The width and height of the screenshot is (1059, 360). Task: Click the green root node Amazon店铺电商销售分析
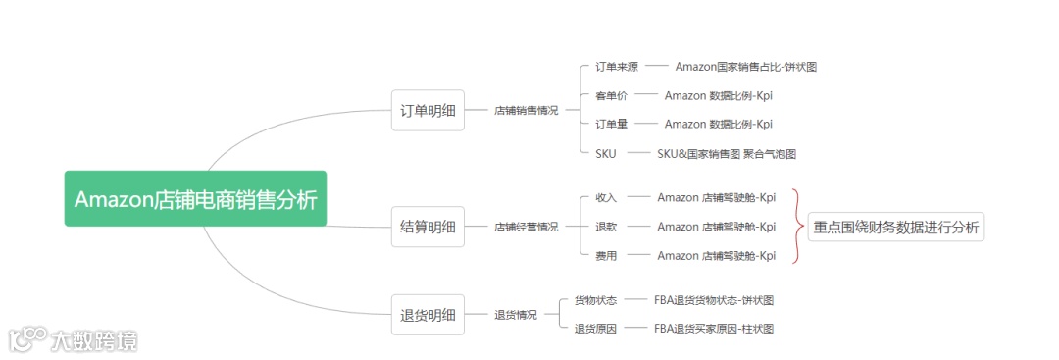[x=195, y=199]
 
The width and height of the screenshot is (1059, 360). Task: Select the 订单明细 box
[x=428, y=111]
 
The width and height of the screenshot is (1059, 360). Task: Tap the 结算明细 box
[x=428, y=227]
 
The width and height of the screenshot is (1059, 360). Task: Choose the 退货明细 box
[x=428, y=315]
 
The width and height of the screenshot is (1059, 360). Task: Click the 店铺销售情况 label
[x=526, y=111]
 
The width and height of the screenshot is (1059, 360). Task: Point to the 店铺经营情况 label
[x=526, y=227]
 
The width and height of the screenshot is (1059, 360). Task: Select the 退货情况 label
[x=516, y=315]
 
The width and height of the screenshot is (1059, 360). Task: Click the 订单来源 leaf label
[x=617, y=67]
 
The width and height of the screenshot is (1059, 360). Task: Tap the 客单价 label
[x=612, y=95]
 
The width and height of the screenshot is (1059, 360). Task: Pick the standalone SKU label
[x=606, y=153]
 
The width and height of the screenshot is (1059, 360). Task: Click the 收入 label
[x=606, y=198]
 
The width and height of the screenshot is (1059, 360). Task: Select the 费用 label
[x=606, y=256]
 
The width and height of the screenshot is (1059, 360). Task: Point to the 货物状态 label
[x=595, y=300]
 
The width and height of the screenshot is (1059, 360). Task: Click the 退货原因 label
[x=595, y=329]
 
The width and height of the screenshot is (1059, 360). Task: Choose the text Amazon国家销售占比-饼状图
[x=745, y=67]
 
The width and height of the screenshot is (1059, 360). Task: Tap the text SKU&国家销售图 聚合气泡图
[x=726, y=153]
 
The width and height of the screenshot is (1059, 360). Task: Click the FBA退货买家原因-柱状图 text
[x=714, y=329]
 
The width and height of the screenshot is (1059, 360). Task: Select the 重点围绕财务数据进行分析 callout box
[x=895, y=228]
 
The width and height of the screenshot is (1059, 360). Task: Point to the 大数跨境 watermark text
[x=95, y=340]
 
